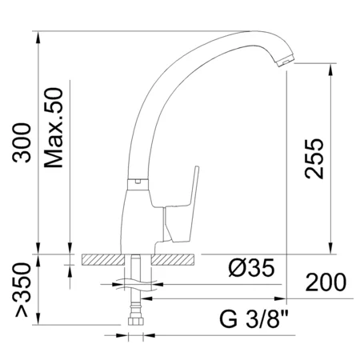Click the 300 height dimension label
22,142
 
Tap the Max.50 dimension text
54,128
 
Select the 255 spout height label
314,158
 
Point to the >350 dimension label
22,290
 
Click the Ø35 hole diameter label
251,268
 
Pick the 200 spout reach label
326,282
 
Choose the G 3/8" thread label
254,318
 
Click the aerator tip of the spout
285,61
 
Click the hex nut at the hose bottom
136,321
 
